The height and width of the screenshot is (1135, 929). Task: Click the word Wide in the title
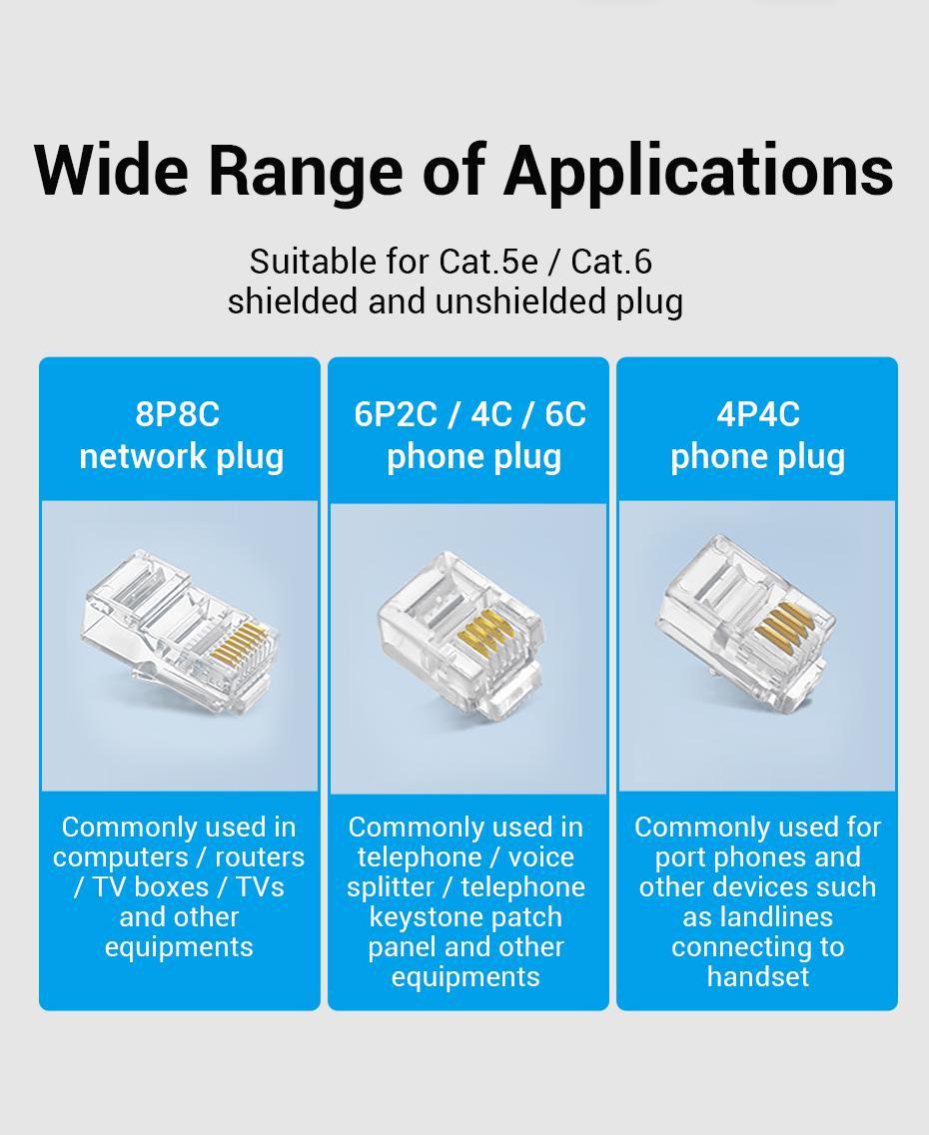(x=112, y=171)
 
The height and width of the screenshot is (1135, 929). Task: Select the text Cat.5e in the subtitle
(x=488, y=262)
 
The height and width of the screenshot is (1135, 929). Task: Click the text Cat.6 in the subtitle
(x=612, y=262)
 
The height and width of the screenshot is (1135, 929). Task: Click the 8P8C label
(x=178, y=414)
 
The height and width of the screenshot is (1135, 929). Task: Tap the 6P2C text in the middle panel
(x=396, y=414)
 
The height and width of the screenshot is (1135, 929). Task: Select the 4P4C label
(x=758, y=414)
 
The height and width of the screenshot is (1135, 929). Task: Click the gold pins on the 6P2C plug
(x=486, y=630)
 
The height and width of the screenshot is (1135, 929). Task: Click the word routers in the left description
(x=260, y=857)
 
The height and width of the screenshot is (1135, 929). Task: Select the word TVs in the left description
(x=260, y=886)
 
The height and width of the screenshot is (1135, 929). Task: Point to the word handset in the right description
(x=758, y=977)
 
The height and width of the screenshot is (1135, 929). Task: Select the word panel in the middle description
(x=402, y=947)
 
